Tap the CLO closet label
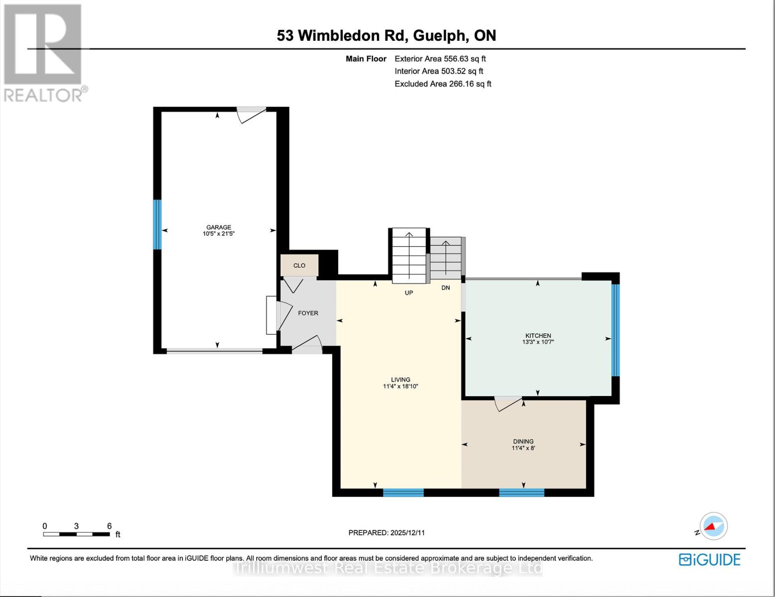coord(299,266)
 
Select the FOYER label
coord(308,313)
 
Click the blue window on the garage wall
coord(157,224)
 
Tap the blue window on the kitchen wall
coord(615,330)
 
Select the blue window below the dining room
coord(521,493)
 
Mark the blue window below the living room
coord(403,493)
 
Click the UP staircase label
coord(408,293)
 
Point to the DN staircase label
coord(446,288)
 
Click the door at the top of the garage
coord(251,114)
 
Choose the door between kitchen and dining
coord(508,402)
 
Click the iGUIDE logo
coord(710,560)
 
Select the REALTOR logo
coord(44,53)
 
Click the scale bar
coord(77,534)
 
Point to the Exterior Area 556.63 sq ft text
coord(440,59)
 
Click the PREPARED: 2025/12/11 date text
coord(387,533)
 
